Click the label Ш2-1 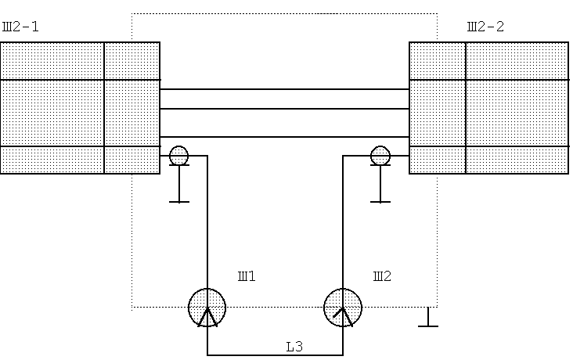tap(20, 27)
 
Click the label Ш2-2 tap(485, 27)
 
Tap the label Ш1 tap(247, 276)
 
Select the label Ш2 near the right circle tap(382, 276)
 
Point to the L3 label tap(294, 347)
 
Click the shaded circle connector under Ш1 tap(207, 308)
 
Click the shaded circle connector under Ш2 tap(343, 308)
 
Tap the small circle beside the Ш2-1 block tap(179, 155)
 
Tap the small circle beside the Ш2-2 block tap(380, 155)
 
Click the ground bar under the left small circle tap(179, 202)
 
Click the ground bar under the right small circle tap(380, 202)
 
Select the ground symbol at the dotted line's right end tap(428, 317)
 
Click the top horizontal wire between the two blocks tap(285, 88)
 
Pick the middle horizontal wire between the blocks tap(285, 109)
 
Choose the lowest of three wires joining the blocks tap(285, 137)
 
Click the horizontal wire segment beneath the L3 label tap(276, 355)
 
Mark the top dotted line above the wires tap(285, 14)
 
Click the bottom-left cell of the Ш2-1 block tap(52, 160)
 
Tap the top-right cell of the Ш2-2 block tap(517, 61)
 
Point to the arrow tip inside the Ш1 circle tap(207, 308)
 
